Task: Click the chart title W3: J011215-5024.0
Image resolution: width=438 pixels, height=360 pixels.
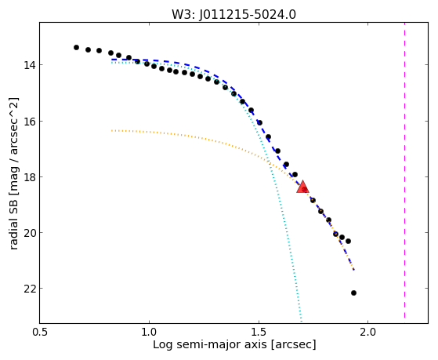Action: click(x=233, y=15)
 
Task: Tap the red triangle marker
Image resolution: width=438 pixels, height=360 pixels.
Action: click(x=302, y=187)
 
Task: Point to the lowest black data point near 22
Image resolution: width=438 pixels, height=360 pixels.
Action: click(x=353, y=293)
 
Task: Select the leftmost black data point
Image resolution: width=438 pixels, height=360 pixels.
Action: click(x=76, y=47)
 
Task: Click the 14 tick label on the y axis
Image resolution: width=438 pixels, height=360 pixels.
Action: click(x=30, y=65)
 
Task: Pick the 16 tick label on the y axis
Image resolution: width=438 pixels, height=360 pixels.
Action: click(x=30, y=121)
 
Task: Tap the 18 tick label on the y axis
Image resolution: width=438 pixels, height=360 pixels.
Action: click(x=30, y=177)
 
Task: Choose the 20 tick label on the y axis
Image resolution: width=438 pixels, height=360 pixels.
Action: click(x=30, y=233)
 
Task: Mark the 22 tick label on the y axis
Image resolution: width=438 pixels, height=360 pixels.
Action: click(x=30, y=289)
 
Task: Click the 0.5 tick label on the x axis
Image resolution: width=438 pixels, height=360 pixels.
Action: click(x=40, y=333)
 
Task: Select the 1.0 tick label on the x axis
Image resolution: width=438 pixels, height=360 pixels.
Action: click(x=149, y=333)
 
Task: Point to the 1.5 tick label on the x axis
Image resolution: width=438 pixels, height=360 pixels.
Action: click(x=259, y=333)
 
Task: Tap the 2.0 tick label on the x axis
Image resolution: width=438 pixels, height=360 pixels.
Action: click(x=368, y=333)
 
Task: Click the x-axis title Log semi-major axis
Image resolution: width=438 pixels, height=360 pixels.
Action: click(x=210, y=345)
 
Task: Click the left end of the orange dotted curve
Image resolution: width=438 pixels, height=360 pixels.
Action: click(x=112, y=130)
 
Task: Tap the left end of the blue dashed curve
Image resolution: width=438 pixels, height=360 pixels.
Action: click(x=112, y=60)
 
